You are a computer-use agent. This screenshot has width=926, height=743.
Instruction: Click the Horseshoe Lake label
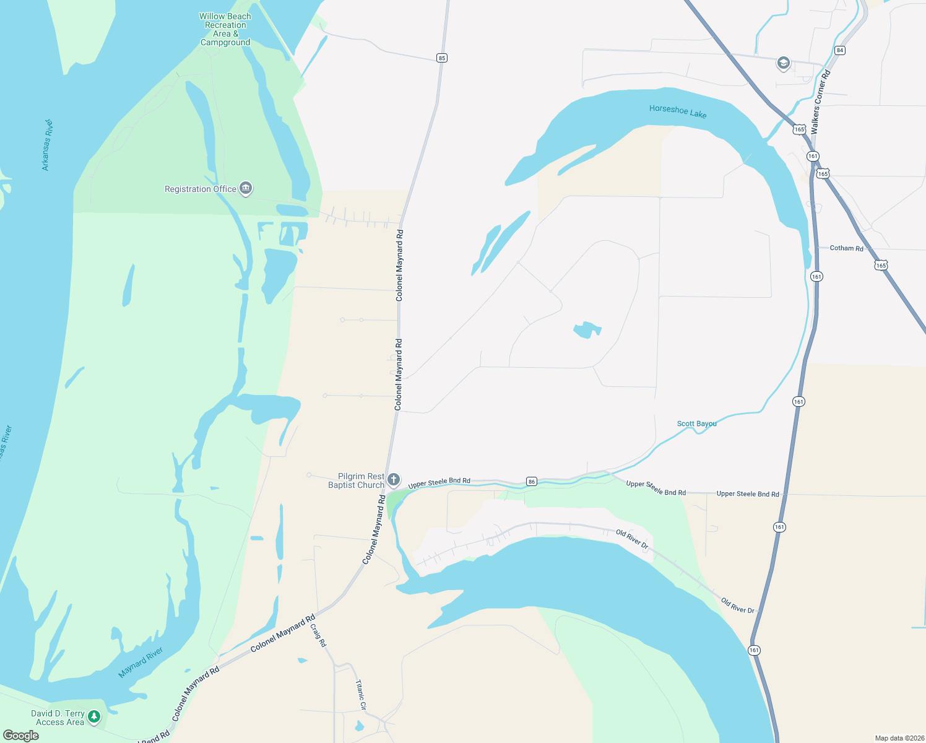pyautogui.click(x=678, y=111)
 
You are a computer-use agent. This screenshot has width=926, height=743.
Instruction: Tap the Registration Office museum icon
pyautogui.click(x=246, y=188)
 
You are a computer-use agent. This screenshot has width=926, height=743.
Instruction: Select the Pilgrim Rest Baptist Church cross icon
pyautogui.click(x=393, y=480)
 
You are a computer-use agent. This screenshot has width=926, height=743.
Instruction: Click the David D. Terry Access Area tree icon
pyautogui.click(x=93, y=717)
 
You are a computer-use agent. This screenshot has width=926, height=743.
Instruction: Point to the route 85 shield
pyautogui.click(x=441, y=58)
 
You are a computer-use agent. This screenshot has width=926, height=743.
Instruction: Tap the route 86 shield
pyautogui.click(x=531, y=481)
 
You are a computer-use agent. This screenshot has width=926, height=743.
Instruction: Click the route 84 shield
pyautogui.click(x=839, y=50)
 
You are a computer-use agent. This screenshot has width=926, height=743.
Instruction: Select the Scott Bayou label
pyautogui.click(x=696, y=424)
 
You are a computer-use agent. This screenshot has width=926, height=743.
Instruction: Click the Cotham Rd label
pyautogui.click(x=846, y=248)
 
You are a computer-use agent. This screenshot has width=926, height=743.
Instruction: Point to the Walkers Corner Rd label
pyautogui.click(x=820, y=102)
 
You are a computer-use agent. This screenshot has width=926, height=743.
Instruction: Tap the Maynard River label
pyautogui.click(x=141, y=663)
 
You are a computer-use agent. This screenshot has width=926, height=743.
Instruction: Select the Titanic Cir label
pyautogui.click(x=360, y=695)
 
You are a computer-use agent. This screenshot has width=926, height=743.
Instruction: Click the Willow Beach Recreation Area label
pyautogui.click(x=225, y=29)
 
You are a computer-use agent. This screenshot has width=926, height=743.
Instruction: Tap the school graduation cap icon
pyautogui.click(x=783, y=63)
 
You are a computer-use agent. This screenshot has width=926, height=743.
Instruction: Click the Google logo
pyautogui.click(x=21, y=736)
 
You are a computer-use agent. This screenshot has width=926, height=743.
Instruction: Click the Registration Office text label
pyautogui.click(x=200, y=189)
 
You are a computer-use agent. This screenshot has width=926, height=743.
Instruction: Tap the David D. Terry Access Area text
pyautogui.click(x=58, y=718)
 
